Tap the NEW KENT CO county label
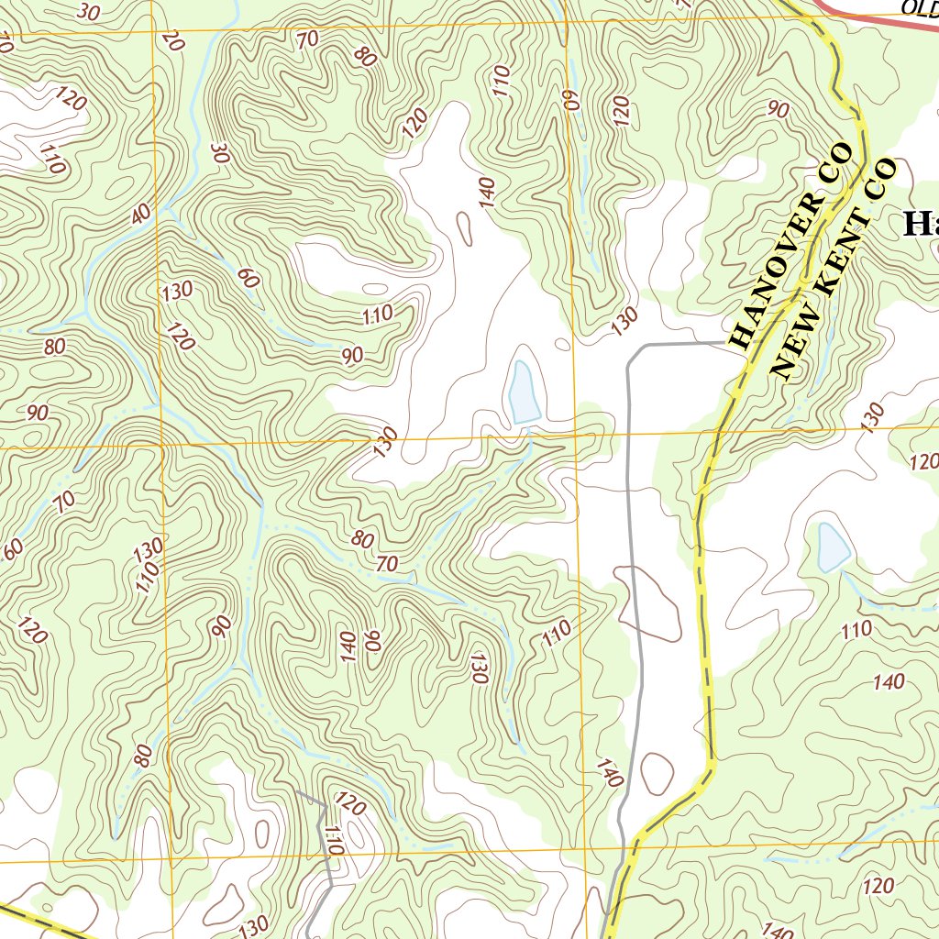[x=833, y=269]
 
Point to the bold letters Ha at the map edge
[x=920, y=223]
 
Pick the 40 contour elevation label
[x=140, y=213]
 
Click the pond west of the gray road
[x=524, y=392]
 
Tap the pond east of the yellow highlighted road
[x=833, y=547]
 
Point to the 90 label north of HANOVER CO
[x=779, y=110]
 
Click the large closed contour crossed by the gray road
[x=653, y=601]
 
